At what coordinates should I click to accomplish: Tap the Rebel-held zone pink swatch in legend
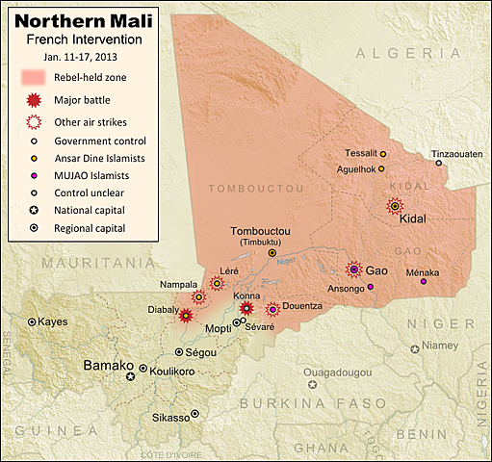[33, 78]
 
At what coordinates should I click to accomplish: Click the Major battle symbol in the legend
[34, 100]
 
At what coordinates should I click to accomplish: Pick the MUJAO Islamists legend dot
[34, 176]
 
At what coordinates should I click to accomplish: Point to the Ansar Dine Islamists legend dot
[34, 159]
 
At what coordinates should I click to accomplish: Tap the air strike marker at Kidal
[395, 206]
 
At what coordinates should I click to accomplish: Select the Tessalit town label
[360, 153]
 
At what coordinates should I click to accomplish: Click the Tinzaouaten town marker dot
[439, 164]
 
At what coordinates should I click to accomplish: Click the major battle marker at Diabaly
[185, 315]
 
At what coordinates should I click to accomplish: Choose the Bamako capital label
[106, 366]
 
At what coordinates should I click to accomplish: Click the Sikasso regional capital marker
[195, 414]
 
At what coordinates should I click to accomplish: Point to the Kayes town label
[52, 321]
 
